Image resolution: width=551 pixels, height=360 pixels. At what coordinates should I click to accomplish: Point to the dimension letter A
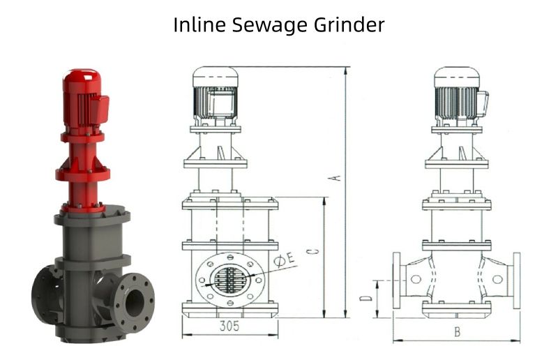pos(337,179)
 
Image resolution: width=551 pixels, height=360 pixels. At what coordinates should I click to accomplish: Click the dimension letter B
pos(457,332)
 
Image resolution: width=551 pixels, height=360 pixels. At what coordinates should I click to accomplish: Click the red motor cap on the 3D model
pos(82,79)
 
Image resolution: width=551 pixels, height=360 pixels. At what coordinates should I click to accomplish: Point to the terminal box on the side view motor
pos(482,103)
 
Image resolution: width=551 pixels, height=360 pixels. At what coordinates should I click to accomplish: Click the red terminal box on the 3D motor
pos(101,108)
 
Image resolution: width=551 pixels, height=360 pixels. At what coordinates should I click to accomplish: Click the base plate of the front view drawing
pos(230,309)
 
